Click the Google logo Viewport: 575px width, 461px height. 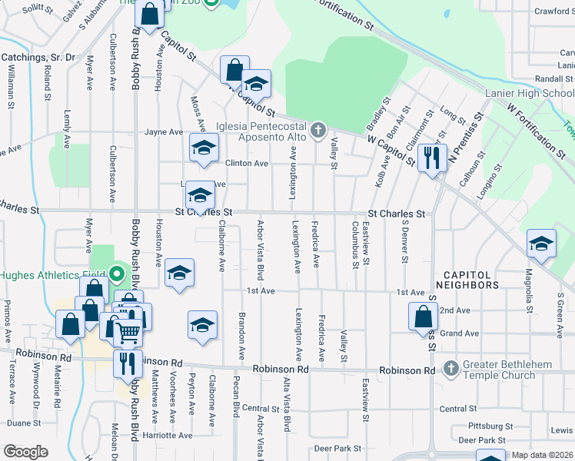point(25,452)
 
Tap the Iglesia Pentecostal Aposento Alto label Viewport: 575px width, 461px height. point(261,132)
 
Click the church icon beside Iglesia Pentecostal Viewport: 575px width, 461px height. point(319,132)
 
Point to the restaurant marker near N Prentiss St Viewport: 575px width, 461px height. point(431,158)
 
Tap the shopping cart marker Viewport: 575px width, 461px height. point(128,332)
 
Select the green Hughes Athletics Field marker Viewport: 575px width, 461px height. point(117,274)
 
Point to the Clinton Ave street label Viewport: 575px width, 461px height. point(246,164)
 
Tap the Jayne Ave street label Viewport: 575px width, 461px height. point(164,132)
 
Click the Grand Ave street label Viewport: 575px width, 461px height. point(460,333)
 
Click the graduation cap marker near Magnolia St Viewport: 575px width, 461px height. point(541,245)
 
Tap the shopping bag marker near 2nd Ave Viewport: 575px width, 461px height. point(423,317)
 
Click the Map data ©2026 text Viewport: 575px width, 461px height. point(541,455)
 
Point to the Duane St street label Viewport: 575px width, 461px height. point(23,423)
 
